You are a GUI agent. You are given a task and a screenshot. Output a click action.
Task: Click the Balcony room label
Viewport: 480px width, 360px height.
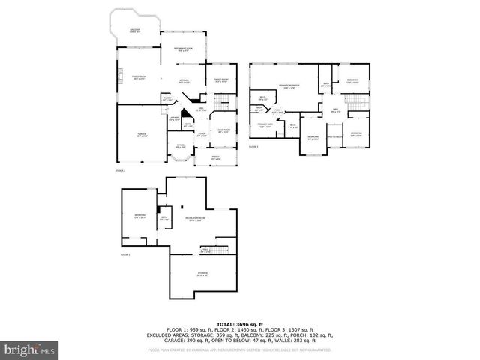pos(135,31)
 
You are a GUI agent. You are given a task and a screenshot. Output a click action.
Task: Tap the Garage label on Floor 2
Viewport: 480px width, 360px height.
pos(141,135)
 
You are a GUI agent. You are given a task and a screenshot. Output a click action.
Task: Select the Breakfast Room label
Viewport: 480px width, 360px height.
pos(184,49)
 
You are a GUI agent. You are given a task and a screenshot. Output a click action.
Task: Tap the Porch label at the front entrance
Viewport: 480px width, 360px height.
pos(216,157)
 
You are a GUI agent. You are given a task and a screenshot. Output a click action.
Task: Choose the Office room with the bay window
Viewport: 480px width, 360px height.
pos(181,146)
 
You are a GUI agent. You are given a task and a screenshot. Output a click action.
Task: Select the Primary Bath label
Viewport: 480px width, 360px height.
pos(265,124)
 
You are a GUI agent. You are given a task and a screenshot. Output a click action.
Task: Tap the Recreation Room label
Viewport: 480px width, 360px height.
pos(196,220)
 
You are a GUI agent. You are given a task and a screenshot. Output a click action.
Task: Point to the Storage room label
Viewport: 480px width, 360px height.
pos(202,273)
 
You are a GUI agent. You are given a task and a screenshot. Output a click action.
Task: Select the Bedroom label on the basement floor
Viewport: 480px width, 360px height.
pos(140,217)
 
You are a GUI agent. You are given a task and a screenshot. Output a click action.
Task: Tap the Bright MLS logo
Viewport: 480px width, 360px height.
pos(29,349)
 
